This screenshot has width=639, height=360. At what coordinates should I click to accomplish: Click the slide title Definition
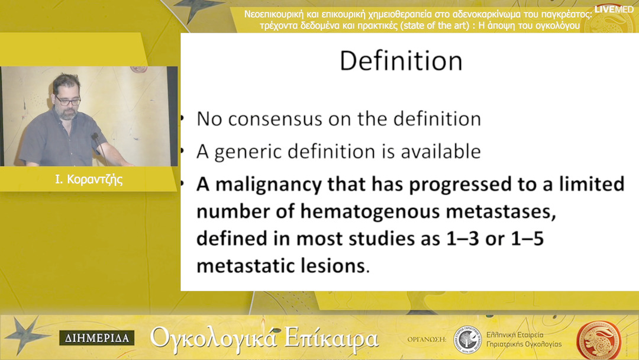[x=401, y=61]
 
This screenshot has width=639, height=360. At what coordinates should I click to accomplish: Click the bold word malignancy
[x=269, y=185]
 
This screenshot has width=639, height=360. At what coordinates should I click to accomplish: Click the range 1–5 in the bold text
[x=527, y=239]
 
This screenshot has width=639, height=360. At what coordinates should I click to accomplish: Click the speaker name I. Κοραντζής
[x=89, y=179]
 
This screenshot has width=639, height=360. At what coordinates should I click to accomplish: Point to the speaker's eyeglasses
[x=67, y=100]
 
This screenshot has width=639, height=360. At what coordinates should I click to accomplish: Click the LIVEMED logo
[x=614, y=9]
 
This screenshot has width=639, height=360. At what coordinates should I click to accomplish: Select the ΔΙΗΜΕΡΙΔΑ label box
[x=96, y=338]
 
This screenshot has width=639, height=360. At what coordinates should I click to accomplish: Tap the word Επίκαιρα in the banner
[x=332, y=339]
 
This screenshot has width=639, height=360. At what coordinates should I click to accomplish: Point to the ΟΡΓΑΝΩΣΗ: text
[x=427, y=339]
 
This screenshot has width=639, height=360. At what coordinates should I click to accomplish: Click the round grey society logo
[x=468, y=339]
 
